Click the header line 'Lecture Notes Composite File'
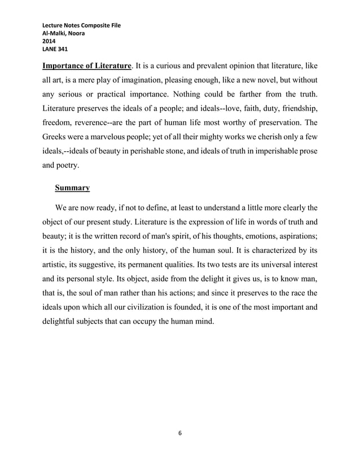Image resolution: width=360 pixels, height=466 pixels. point(81,26)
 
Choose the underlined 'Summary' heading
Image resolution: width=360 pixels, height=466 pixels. point(72,188)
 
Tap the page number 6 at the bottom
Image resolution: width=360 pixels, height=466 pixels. point(180,433)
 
